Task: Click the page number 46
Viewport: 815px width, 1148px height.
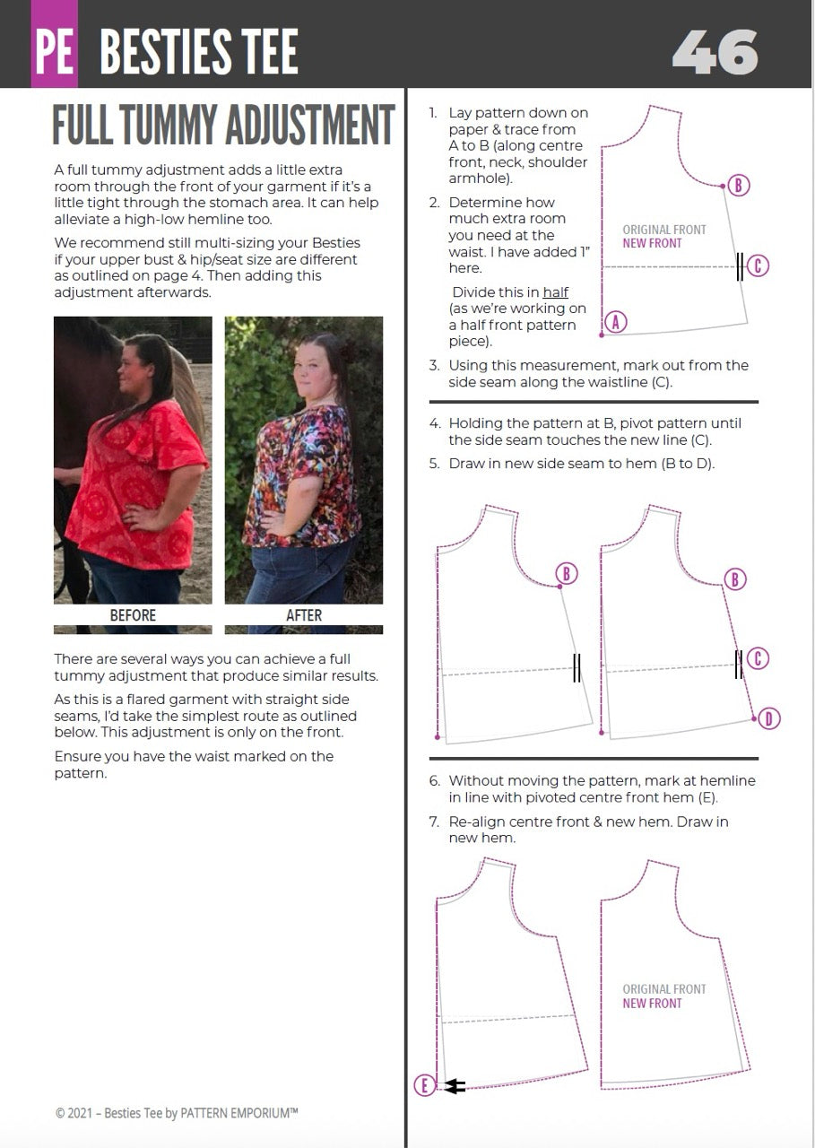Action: tap(715, 52)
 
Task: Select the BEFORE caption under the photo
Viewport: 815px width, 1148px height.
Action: tap(133, 615)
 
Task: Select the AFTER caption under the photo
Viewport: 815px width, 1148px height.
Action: tap(303, 615)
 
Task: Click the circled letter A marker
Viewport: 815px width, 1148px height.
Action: tap(615, 321)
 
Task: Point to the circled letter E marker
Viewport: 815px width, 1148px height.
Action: tap(425, 1086)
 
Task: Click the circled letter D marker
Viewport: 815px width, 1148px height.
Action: tap(769, 717)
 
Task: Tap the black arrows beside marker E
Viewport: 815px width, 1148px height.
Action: tap(455, 1086)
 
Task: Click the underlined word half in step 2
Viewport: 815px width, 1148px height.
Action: tap(555, 292)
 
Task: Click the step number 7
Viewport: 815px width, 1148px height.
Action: tap(434, 822)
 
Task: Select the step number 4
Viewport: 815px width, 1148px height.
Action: tap(434, 423)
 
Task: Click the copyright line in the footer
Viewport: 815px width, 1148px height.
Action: tap(177, 1113)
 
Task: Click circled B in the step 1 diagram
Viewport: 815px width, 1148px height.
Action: tap(737, 186)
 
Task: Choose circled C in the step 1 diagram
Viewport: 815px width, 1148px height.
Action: tap(758, 265)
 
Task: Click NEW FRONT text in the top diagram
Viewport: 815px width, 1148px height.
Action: tap(652, 243)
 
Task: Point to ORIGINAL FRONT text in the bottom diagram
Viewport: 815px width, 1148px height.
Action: tap(664, 989)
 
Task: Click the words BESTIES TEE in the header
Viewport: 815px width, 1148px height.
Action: tap(198, 52)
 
